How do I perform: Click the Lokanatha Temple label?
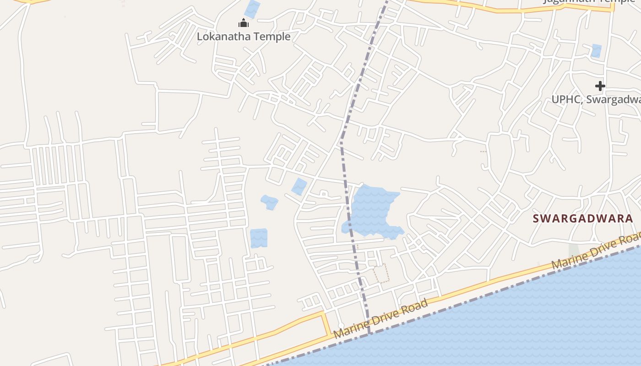[x=244, y=36]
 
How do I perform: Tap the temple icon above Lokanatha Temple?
[x=244, y=23]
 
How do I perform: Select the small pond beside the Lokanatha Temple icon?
[x=252, y=9]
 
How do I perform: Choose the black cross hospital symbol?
[x=600, y=86]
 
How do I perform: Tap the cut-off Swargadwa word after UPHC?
[x=614, y=99]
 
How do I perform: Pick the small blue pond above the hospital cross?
[x=596, y=50]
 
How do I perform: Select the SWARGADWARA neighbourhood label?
[x=583, y=219]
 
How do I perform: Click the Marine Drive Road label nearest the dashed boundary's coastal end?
[x=381, y=318]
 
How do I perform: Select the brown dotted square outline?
[x=381, y=273]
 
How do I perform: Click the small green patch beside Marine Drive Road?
[x=574, y=251]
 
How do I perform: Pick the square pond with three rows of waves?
[x=259, y=238]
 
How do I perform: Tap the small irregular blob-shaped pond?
[x=269, y=202]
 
